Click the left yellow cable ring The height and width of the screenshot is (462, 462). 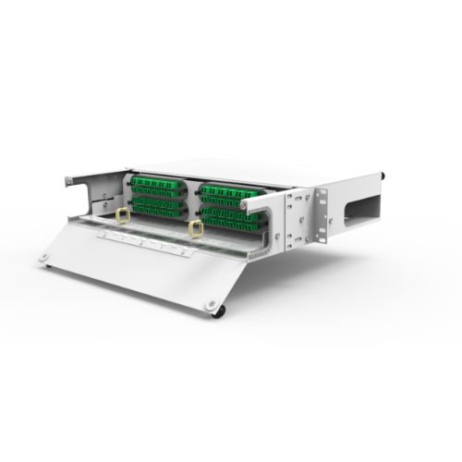[122, 216]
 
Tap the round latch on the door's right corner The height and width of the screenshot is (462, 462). [214, 306]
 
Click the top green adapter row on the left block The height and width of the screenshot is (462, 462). [155, 183]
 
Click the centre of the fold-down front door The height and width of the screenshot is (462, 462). [139, 268]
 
